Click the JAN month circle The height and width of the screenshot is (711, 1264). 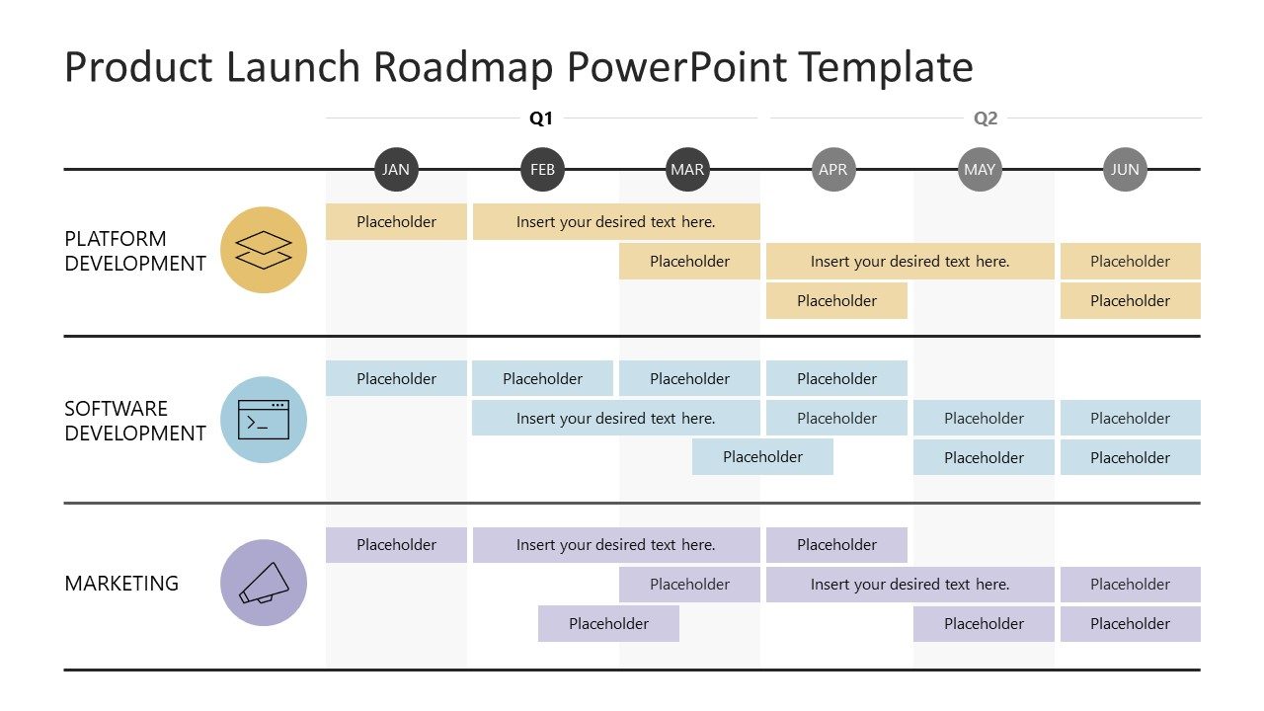[396, 170]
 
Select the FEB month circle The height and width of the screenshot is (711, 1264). [542, 170]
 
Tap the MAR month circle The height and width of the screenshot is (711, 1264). [687, 170]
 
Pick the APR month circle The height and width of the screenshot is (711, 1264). [833, 170]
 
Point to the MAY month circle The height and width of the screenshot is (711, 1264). [980, 170]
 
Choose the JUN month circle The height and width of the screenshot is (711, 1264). [1125, 170]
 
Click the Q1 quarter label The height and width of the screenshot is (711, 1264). [541, 118]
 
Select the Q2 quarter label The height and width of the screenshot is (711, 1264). [986, 118]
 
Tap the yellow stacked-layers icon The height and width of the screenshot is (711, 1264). [264, 250]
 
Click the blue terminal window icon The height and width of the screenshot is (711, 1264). [264, 420]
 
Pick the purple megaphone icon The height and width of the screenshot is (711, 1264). [264, 583]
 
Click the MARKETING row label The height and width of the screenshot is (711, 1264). [121, 584]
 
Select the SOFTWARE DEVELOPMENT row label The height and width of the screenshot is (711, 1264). [135, 421]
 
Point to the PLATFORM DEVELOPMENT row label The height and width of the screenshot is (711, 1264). [135, 251]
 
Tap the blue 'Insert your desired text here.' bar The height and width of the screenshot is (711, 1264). [615, 418]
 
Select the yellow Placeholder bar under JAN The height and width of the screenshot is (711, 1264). [396, 222]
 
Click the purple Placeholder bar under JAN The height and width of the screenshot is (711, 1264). [396, 545]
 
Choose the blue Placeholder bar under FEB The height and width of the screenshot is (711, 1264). [542, 379]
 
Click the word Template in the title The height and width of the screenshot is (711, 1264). [886, 67]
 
